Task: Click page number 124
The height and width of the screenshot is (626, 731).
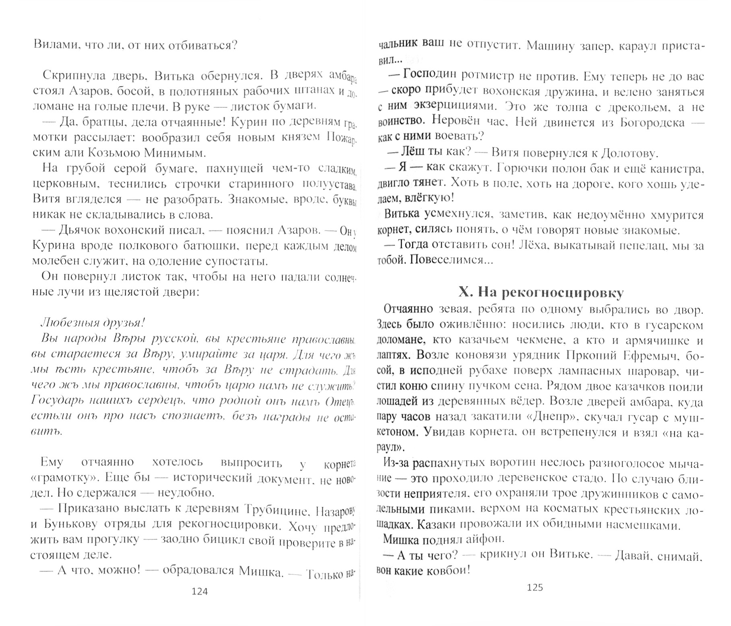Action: point(200,591)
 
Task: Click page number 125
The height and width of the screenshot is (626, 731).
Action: point(535,587)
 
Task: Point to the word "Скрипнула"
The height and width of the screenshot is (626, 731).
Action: point(72,76)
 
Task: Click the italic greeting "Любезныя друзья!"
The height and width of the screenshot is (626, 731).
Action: point(93,323)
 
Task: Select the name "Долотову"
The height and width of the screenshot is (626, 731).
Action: point(630,153)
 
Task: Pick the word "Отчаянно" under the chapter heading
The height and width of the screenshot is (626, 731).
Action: point(409,309)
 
